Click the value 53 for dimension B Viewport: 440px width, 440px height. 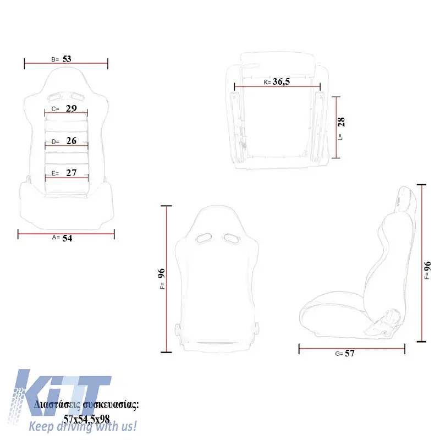click(x=67, y=59)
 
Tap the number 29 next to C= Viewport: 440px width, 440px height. click(x=71, y=108)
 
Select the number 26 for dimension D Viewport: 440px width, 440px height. click(x=71, y=141)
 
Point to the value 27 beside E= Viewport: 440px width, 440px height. click(x=71, y=173)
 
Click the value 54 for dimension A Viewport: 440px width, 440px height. click(x=67, y=238)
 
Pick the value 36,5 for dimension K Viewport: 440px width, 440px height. click(x=281, y=81)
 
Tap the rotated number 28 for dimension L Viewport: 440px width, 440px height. click(x=341, y=122)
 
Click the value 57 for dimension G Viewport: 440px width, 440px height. click(x=350, y=353)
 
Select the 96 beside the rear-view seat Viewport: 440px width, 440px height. click(x=161, y=273)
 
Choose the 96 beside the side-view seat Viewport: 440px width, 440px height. click(x=427, y=266)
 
